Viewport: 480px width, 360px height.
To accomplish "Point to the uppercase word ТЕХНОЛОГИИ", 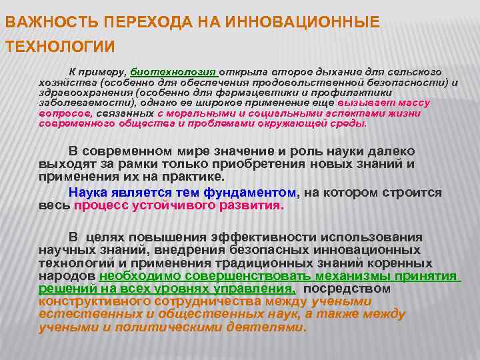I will [x=59, y=47].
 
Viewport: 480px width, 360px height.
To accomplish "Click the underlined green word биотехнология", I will [x=174, y=71].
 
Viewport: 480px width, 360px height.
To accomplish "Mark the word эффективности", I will [x=257, y=237].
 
